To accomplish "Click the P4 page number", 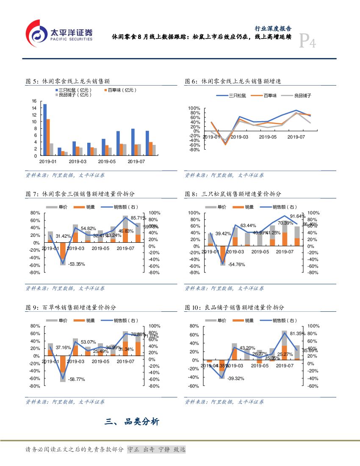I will pyautogui.click(x=307, y=42).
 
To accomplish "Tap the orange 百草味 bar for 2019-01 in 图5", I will pyautogui.click(x=48, y=137).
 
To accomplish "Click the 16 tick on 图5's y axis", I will pyautogui.click(x=34, y=101).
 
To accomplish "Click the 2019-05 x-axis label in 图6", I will pyautogui.click(x=268, y=137).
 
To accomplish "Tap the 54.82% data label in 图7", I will pyautogui.click(x=89, y=229).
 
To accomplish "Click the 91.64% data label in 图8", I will pyautogui.click(x=297, y=216).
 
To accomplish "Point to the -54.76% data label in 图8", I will pyautogui.click(x=236, y=264).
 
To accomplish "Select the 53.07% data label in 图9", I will pyautogui.click(x=89, y=342).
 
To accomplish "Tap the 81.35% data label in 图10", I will pyautogui.click(x=297, y=334).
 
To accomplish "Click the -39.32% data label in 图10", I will pyautogui.click(x=236, y=378).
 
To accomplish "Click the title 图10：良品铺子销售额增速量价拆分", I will pyautogui.click(x=234, y=308).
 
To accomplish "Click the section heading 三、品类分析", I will pyautogui.click(x=132, y=422).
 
